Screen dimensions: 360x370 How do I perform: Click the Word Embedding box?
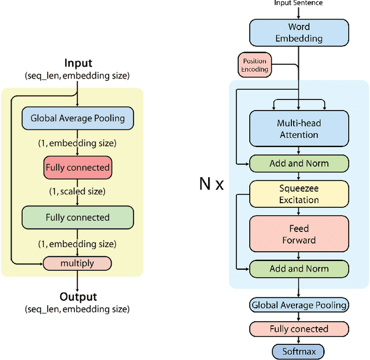pos(299,32)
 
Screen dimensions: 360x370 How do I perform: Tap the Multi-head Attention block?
pos(299,128)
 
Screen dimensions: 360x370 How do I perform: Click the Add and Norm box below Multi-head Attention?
pos(299,163)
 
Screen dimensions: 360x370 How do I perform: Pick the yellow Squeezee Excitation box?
pos(299,194)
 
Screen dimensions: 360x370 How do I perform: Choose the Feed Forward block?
pos(299,234)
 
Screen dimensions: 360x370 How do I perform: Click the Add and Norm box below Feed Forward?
pos(299,269)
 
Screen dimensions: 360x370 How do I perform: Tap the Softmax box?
pos(298,351)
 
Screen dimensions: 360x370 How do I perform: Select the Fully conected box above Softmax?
pos(299,329)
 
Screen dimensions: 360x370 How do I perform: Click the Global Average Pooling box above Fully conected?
pos(299,305)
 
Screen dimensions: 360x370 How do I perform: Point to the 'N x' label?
pos(211,184)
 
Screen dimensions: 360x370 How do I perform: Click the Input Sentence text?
pos(298,3)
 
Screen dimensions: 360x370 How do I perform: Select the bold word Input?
pos(78,64)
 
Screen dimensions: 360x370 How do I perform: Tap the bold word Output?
pos(78,297)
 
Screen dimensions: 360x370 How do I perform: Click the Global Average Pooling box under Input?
pos(77,118)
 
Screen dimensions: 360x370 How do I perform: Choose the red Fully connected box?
pos(77,167)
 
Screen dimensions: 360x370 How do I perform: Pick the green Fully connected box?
pos(77,218)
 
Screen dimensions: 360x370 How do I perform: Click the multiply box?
pos(77,263)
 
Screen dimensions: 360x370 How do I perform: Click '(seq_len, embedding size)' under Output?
pos(77,309)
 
